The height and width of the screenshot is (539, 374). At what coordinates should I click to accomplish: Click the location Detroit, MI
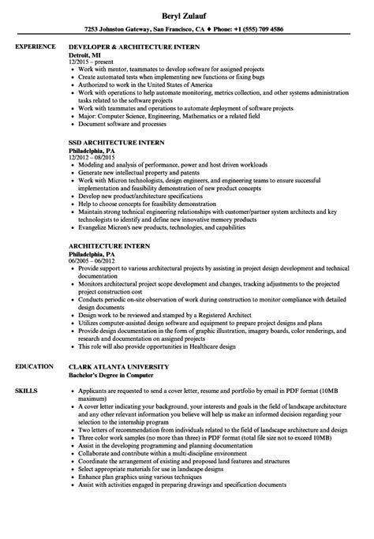click(88, 55)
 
